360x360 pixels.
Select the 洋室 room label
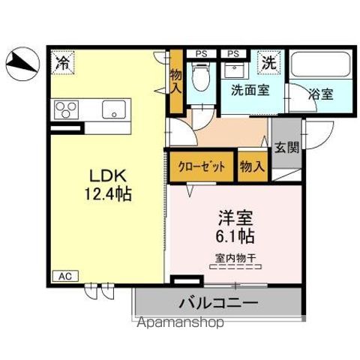pyautogui.click(x=235, y=219)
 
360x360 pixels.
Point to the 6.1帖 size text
pyautogui.click(x=235, y=237)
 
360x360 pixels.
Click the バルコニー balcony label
pyautogui.click(x=218, y=304)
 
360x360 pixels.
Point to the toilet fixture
pyautogui.click(x=200, y=77)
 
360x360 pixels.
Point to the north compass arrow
pyautogui.click(x=22, y=62)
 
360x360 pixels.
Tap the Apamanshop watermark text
pyautogui.click(x=180, y=324)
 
